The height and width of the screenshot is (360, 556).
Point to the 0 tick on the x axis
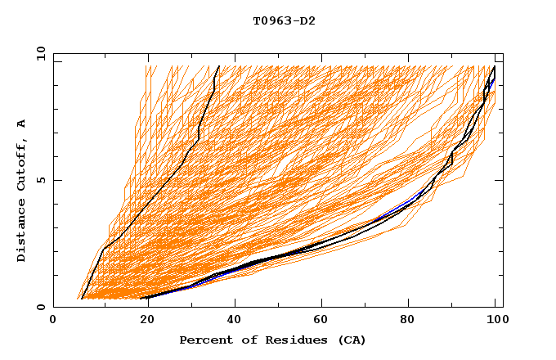[x=53, y=322]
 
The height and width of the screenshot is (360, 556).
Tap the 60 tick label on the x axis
[x=323, y=322]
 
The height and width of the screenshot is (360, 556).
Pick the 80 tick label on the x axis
[x=413, y=322]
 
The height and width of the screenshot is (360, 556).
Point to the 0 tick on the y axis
[x=42, y=308]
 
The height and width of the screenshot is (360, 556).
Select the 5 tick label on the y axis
[x=42, y=180]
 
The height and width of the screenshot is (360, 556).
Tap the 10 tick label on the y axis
[x=38, y=53]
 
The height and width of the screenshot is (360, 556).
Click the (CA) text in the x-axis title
[x=352, y=340]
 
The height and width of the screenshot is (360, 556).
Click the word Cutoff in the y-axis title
[x=22, y=164]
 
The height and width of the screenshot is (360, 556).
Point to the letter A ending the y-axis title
[x=22, y=124]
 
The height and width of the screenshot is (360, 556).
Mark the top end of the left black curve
[x=218, y=66]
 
